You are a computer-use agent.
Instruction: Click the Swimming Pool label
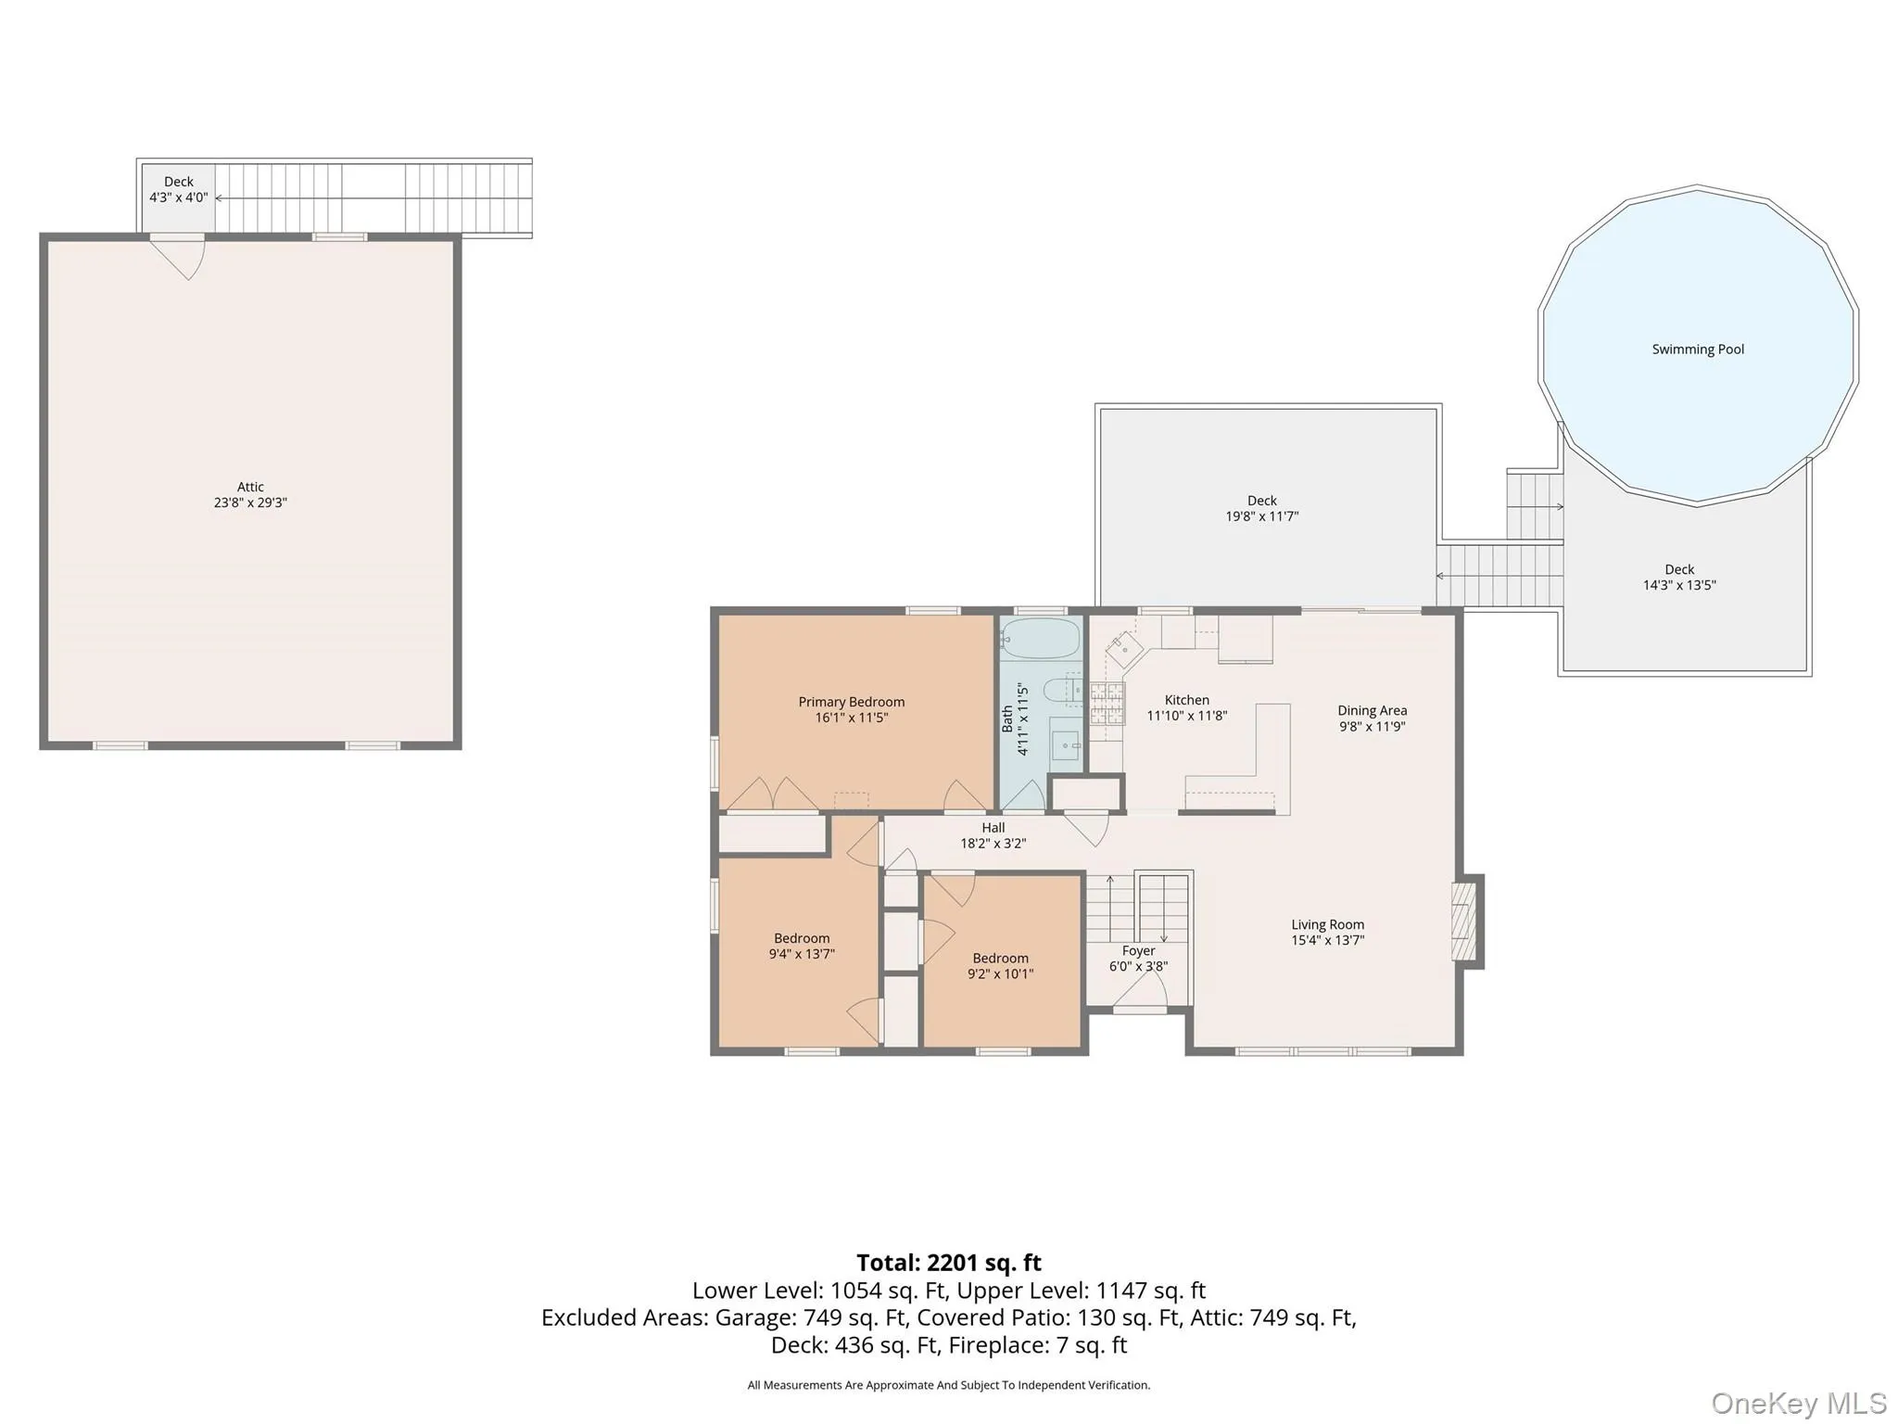coord(1698,350)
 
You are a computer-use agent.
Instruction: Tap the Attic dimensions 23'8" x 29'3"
coord(250,502)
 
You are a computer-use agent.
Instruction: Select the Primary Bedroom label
coord(852,702)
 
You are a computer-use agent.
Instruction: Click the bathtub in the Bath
coord(1041,639)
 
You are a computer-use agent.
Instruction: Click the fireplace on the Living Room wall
coord(1467,922)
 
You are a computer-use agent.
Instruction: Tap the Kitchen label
coord(1187,700)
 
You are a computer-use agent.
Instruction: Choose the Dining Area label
coord(1372,710)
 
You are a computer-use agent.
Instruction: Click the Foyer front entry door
coord(1139,992)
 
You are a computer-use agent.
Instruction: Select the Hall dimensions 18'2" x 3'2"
coord(993,844)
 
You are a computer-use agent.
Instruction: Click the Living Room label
coord(1327,924)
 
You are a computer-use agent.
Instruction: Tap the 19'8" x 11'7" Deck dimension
coord(1262,516)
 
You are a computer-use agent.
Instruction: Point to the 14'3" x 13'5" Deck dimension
coord(1679,585)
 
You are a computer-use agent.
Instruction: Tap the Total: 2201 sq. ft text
coord(949,1263)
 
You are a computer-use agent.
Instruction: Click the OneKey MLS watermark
coord(1799,1403)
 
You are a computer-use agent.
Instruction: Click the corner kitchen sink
coord(1125,648)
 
